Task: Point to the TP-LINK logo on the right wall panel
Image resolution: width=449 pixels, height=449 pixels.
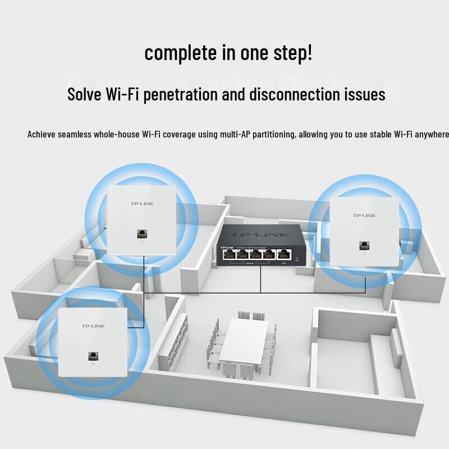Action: (364, 216)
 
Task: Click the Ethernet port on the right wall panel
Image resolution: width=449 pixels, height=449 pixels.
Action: (365, 245)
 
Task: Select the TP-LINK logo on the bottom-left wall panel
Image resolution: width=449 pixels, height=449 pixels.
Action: (93, 326)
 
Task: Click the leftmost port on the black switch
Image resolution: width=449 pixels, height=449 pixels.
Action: (229, 254)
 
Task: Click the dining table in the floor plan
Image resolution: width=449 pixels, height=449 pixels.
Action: (245, 342)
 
